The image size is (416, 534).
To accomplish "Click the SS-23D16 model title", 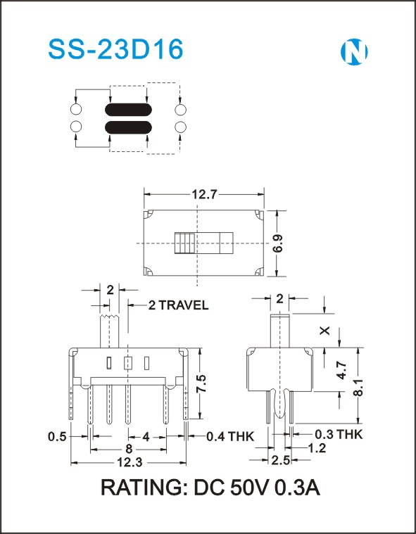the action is click(x=115, y=50).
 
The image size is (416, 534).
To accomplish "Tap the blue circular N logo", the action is click(x=354, y=52).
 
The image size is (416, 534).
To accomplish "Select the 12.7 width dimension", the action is click(x=204, y=194).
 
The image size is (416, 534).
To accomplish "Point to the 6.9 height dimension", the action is click(x=277, y=243).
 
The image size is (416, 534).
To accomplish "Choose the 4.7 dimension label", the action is click(x=341, y=371).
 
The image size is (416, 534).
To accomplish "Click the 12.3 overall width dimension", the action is click(x=130, y=462).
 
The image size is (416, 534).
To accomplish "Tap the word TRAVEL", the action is click(x=183, y=305).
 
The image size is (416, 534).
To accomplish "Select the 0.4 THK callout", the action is click(x=230, y=436).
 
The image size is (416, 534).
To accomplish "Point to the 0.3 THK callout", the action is click(x=339, y=434).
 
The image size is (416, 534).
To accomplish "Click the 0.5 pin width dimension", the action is click(x=57, y=436).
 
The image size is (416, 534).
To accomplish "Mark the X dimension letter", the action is click(x=325, y=331).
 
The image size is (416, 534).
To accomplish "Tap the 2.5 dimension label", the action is click(x=280, y=460).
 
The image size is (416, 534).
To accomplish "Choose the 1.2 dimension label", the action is click(x=317, y=448).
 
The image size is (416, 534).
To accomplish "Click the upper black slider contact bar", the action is click(x=128, y=110).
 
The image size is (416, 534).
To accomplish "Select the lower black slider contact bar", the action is click(x=128, y=127).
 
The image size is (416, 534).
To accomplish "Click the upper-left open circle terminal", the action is click(x=76, y=110).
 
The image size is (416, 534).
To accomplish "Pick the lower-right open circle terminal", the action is click(x=180, y=127).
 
